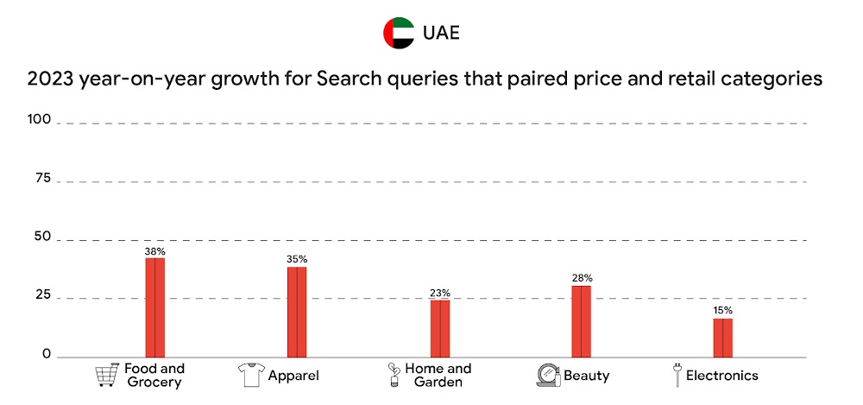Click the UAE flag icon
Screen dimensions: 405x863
tap(399, 33)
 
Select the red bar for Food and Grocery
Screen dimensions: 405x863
tap(154, 307)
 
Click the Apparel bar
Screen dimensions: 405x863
tap(297, 312)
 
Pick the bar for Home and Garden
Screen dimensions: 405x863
tap(440, 328)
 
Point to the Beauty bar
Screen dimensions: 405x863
tap(581, 321)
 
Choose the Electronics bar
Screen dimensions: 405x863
tap(722, 338)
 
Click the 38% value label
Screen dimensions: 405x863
tap(154, 251)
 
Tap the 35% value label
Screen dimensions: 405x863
tap(297, 259)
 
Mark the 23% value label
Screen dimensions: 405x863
tap(440, 293)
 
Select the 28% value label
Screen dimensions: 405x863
tap(582, 278)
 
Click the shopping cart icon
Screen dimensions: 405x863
tap(106, 376)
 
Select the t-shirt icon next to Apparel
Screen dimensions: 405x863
tap(249, 376)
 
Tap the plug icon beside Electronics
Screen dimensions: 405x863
tap(677, 375)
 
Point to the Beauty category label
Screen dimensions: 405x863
tap(587, 376)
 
